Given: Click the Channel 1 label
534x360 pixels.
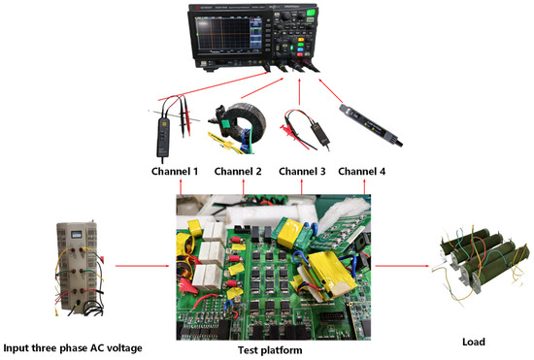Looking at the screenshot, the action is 175,171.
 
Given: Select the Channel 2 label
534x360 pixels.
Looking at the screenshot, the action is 238,171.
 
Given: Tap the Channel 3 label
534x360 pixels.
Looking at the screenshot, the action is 302,171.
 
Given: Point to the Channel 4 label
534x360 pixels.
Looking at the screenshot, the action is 362,171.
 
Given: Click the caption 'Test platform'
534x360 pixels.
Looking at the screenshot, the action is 270,350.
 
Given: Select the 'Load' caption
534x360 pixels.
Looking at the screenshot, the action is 474,342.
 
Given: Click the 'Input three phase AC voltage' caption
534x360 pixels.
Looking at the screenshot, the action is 73,348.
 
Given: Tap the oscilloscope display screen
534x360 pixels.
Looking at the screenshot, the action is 223,33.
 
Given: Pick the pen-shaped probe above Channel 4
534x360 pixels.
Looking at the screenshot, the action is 371,125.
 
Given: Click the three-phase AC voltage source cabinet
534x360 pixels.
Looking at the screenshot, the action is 78,267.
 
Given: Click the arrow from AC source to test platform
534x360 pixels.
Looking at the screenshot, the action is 143,266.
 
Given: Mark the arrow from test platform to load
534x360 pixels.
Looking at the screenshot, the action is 402,266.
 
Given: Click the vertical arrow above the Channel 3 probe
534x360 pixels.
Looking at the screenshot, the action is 299,91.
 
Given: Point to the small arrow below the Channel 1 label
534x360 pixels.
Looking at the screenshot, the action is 181,187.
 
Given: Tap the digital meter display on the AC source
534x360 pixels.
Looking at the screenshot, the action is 77,235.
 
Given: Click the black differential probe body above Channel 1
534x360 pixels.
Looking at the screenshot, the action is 163,136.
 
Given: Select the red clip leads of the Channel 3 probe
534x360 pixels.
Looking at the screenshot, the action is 293,133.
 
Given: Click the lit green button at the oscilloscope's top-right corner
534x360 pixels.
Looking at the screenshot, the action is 311,13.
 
